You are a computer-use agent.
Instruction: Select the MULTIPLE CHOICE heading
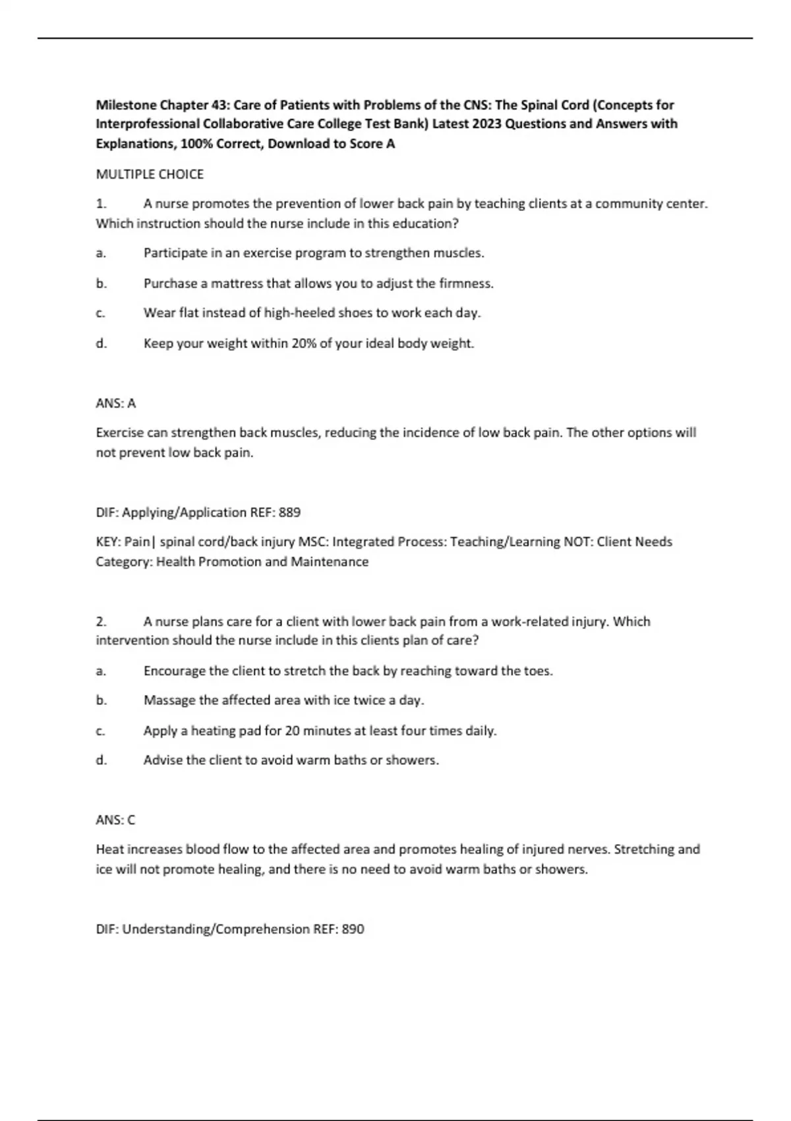pyautogui.click(x=150, y=174)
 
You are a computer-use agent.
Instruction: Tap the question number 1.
pyautogui.click(x=101, y=204)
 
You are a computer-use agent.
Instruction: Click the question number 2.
pyautogui.click(x=101, y=621)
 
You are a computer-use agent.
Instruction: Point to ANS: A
pyautogui.click(x=116, y=403)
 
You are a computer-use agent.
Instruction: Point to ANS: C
pyautogui.click(x=116, y=820)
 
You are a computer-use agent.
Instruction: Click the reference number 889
pyautogui.click(x=289, y=512)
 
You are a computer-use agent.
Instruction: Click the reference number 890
pyautogui.click(x=353, y=929)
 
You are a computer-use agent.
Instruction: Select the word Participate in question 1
pyautogui.click(x=173, y=253)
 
